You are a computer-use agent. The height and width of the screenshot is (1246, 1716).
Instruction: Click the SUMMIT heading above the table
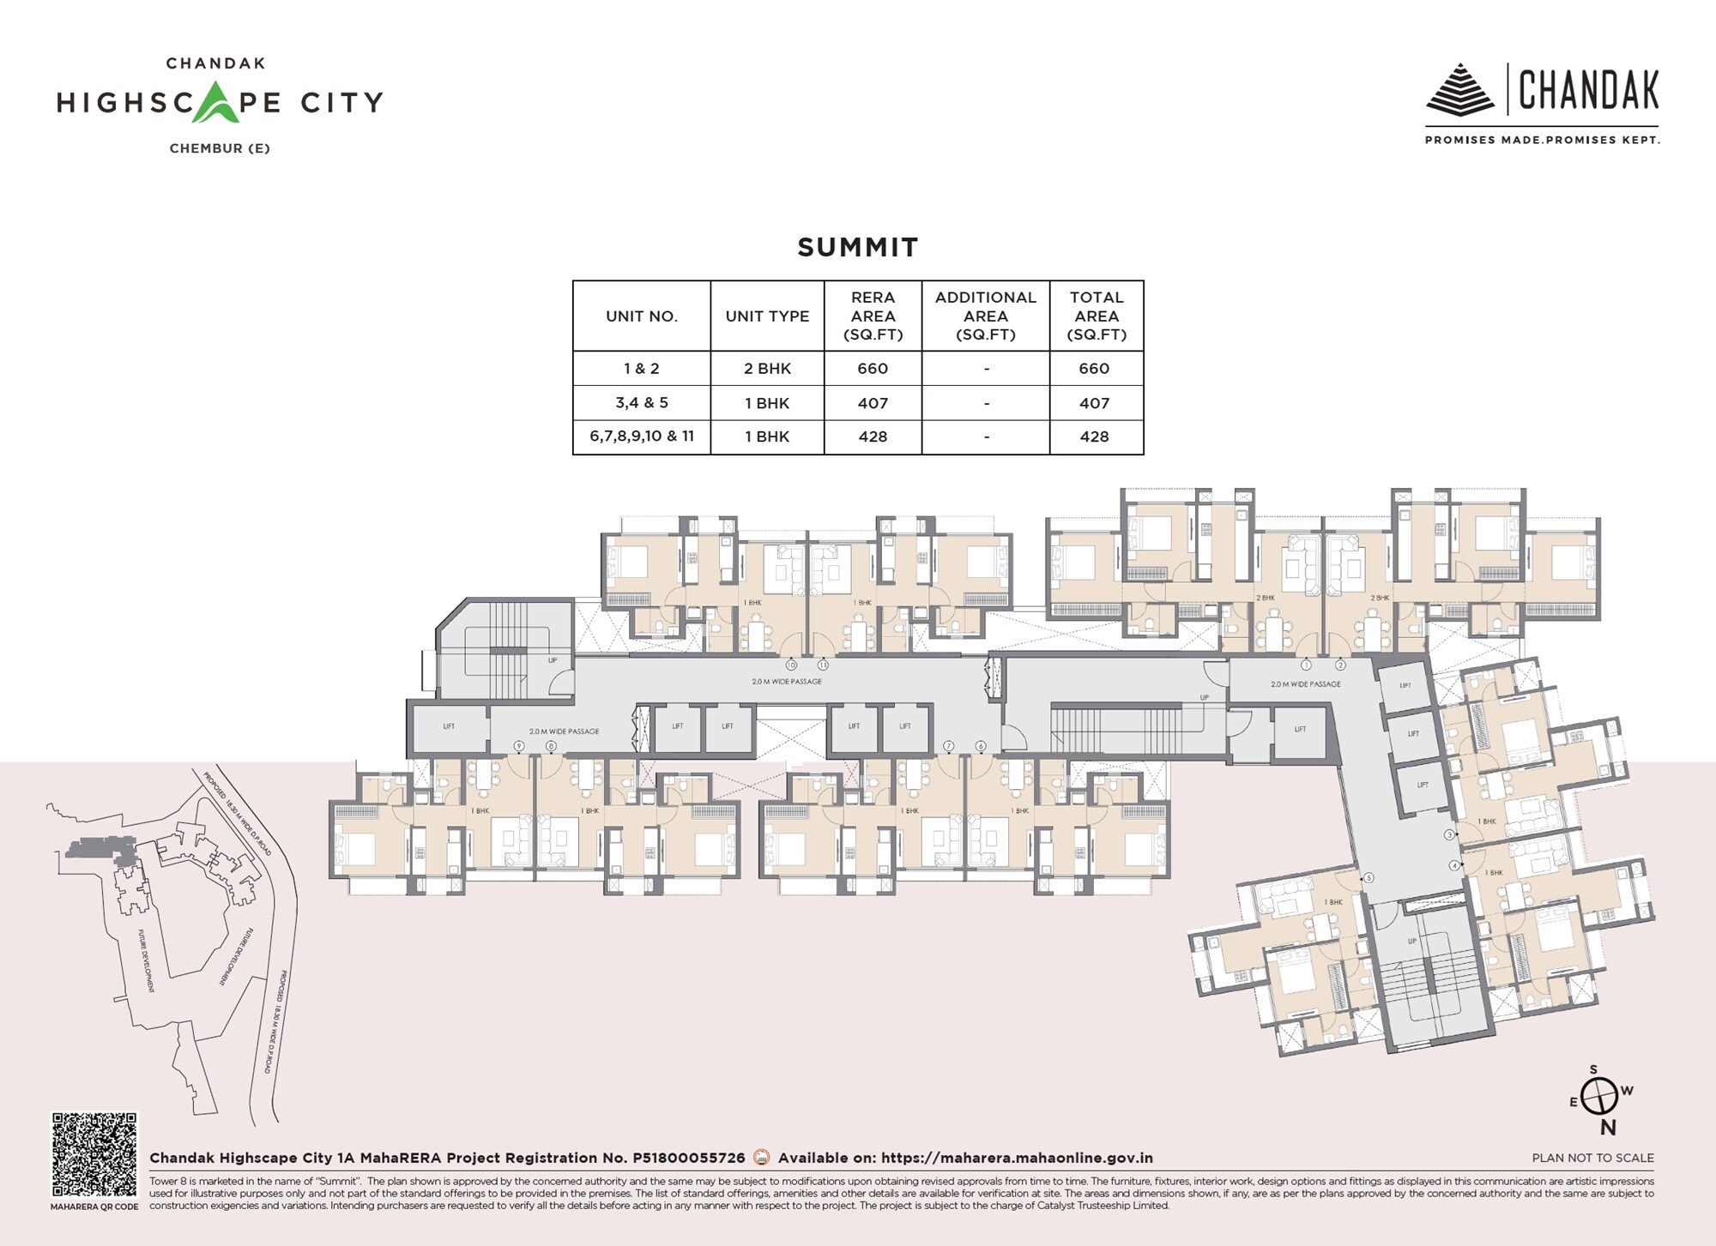click(857, 247)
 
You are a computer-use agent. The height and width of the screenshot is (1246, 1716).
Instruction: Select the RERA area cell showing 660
click(873, 369)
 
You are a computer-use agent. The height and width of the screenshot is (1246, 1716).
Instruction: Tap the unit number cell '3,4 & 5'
click(641, 403)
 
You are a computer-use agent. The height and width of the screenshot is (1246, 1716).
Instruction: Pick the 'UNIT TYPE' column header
click(767, 316)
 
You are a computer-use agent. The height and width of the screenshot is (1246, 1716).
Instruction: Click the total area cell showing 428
click(1094, 436)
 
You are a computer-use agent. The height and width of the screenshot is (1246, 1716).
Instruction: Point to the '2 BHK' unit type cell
click(767, 369)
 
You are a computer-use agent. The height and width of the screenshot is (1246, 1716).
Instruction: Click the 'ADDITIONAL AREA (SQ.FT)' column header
click(985, 316)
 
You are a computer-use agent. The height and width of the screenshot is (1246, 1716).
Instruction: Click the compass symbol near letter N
click(1600, 1097)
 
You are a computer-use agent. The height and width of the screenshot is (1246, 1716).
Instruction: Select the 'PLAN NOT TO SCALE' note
click(1592, 1158)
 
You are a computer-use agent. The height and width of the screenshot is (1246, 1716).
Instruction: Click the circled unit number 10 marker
click(791, 665)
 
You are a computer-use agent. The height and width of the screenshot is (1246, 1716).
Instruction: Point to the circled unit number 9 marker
click(519, 746)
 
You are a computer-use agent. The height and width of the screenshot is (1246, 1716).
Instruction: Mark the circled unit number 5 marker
click(1369, 877)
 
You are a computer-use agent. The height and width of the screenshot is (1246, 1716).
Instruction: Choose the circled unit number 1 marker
click(1306, 665)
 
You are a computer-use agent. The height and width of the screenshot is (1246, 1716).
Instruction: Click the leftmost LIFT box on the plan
click(449, 727)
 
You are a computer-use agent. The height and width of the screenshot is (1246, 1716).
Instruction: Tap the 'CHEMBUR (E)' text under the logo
click(220, 148)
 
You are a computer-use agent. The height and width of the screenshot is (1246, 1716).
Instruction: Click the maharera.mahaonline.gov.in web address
click(1017, 1158)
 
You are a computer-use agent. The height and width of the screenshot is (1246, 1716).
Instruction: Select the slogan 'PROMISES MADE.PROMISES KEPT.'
click(1542, 140)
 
